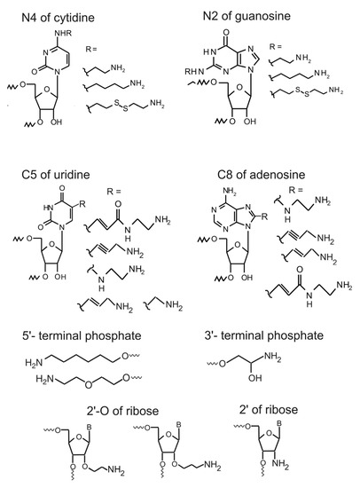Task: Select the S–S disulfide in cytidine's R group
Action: point(125,109)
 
